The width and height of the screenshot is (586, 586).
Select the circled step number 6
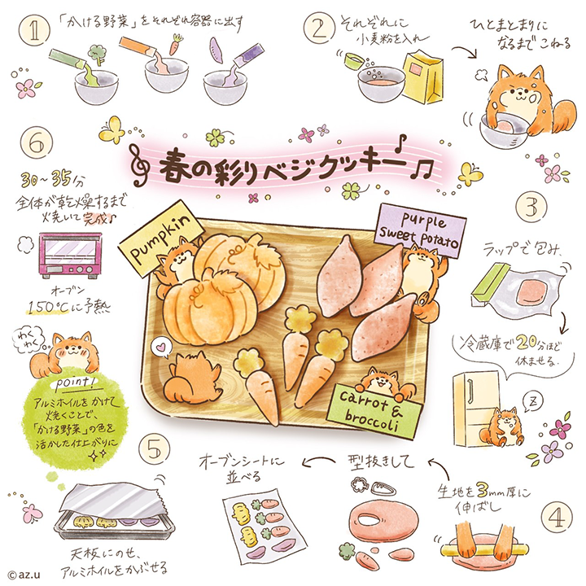pos(37,142)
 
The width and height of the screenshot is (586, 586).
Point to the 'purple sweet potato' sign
pos(422,231)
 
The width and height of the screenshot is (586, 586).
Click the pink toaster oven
pos(70,255)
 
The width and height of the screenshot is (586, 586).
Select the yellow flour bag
pos(423,77)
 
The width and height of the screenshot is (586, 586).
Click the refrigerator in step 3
pos(476,409)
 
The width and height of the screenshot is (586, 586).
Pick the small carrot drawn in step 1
pos(176,44)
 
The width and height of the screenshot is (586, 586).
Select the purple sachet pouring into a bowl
pos(247,54)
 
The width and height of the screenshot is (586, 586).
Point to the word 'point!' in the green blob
pos(74,383)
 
